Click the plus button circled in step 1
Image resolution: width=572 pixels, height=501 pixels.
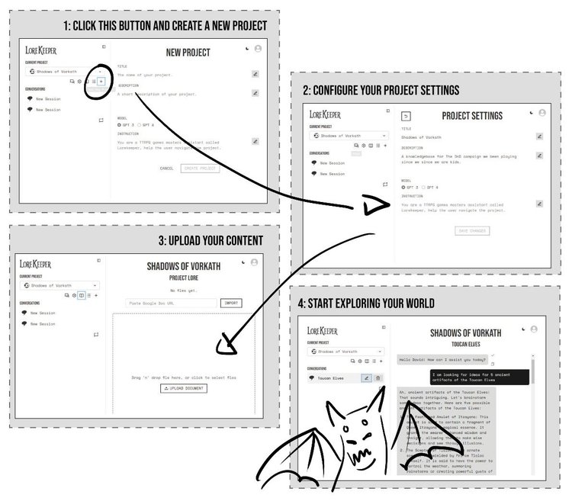coord(101,81)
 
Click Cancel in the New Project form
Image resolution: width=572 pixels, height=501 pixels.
coord(167,168)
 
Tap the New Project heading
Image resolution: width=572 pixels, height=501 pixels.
coord(188,53)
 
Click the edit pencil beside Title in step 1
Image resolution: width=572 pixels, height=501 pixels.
coord(255,74)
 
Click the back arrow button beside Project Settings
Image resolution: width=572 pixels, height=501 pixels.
coord(407,116)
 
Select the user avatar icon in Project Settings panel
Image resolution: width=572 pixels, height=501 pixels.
coord(541,113)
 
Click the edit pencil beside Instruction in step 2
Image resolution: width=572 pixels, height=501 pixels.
coord(538,204)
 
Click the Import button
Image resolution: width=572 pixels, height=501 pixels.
coord(230,303)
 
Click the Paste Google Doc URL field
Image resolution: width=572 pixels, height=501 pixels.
coord(171,303)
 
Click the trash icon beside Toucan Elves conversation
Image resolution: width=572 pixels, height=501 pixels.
coord(378,377)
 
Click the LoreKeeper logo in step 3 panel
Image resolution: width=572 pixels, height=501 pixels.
coord(36,264)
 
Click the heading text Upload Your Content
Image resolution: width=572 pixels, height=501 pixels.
coord(210,241)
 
